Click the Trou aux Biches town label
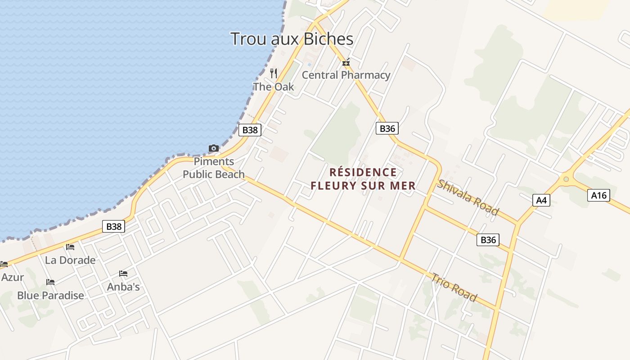click(x=292, y=39)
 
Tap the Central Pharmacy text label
click(x=346, y=75)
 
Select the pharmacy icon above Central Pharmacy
click(x=346, y=63)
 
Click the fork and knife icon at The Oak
click(x=273, y=73)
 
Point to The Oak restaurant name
click(x=273, y=87)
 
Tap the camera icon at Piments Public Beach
click(x=213, y=148)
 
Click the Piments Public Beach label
click(x=214, y=168)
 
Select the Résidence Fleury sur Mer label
click(x=363, y=179)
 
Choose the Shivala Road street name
click(x=468, y=198)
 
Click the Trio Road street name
click(x=454, y=287)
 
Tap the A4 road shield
click(x=541, y=200)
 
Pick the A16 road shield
click(x=599, y=195)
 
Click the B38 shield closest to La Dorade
click(x=113, y=226)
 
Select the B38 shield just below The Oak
click(x=250, y=130)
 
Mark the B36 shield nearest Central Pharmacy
click(x=387, y=129)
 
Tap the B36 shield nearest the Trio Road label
click(x=488, y=240)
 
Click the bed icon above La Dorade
click(x=70, y=247)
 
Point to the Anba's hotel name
click(x=123, y=287)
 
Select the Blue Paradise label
click(x=50, y=296)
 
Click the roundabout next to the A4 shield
click(x=566, y=180)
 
